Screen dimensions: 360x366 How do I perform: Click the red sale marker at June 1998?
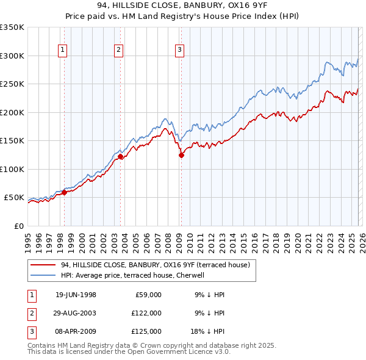click(64, 193)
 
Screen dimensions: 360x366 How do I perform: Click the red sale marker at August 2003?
click(120, 157)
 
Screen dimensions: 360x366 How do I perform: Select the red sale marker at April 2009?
click(181, 155)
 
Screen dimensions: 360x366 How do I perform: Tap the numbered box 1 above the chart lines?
click(64, 51)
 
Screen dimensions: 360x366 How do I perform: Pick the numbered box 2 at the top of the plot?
click(118, 51)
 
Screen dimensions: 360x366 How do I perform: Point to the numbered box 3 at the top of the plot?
click(180, 51)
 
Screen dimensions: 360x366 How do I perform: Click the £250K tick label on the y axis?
click(12, 84)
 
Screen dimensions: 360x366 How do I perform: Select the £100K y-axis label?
click(12, 169)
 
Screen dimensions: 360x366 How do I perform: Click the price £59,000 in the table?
click(148, 295)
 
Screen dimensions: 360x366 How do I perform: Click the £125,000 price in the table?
click(146, 331)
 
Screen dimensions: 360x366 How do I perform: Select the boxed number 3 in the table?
click(30, 331)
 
